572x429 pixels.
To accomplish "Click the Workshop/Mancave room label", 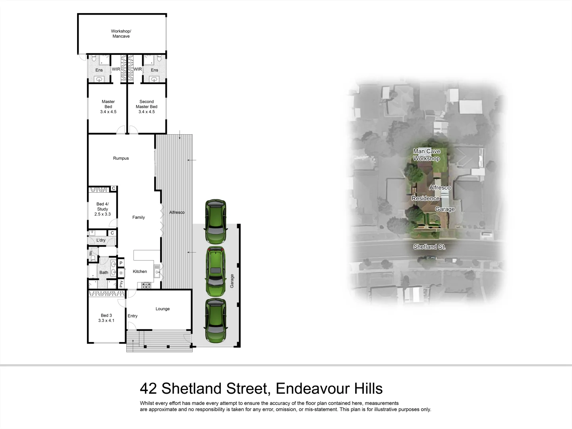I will click(121, 34).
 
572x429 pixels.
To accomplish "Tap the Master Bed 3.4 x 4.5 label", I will click(108, 107).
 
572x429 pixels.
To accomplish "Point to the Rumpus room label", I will click(121, 158).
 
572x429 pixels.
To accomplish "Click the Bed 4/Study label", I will click(102, 209).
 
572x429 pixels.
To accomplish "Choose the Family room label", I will click(138, 217).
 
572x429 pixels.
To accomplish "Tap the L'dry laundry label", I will click(101, 240).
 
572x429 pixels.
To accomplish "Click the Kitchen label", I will click(140, 272).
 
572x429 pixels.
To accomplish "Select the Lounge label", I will click(162, 309).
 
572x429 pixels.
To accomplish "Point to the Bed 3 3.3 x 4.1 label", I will click(106, 318).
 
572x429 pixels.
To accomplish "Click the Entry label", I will click(132, 316).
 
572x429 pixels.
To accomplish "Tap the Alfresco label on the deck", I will click(177, 213).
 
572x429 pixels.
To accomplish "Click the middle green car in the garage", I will click(215, 272).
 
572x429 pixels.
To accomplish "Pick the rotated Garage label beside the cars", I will click(232, 281).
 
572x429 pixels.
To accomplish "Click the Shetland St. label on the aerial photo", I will click(429, 247).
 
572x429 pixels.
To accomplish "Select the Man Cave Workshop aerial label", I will click(427, 155).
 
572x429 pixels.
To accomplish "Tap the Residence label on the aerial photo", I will click(425, 198).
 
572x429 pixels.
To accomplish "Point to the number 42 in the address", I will click(149, 388).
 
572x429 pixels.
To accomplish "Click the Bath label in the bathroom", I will click(104, 272).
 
